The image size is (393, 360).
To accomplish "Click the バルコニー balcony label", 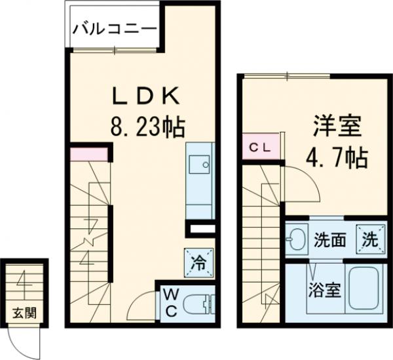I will (x=113, y=28).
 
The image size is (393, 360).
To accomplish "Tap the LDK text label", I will (x=145, y=96).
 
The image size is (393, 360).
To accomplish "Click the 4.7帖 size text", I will (x=336, y=157).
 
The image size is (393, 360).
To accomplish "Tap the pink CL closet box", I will (x=261, y=148).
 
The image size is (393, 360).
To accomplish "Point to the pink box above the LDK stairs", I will (x=88, y=155).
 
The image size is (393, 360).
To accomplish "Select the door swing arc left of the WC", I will (x=141, y=306).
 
